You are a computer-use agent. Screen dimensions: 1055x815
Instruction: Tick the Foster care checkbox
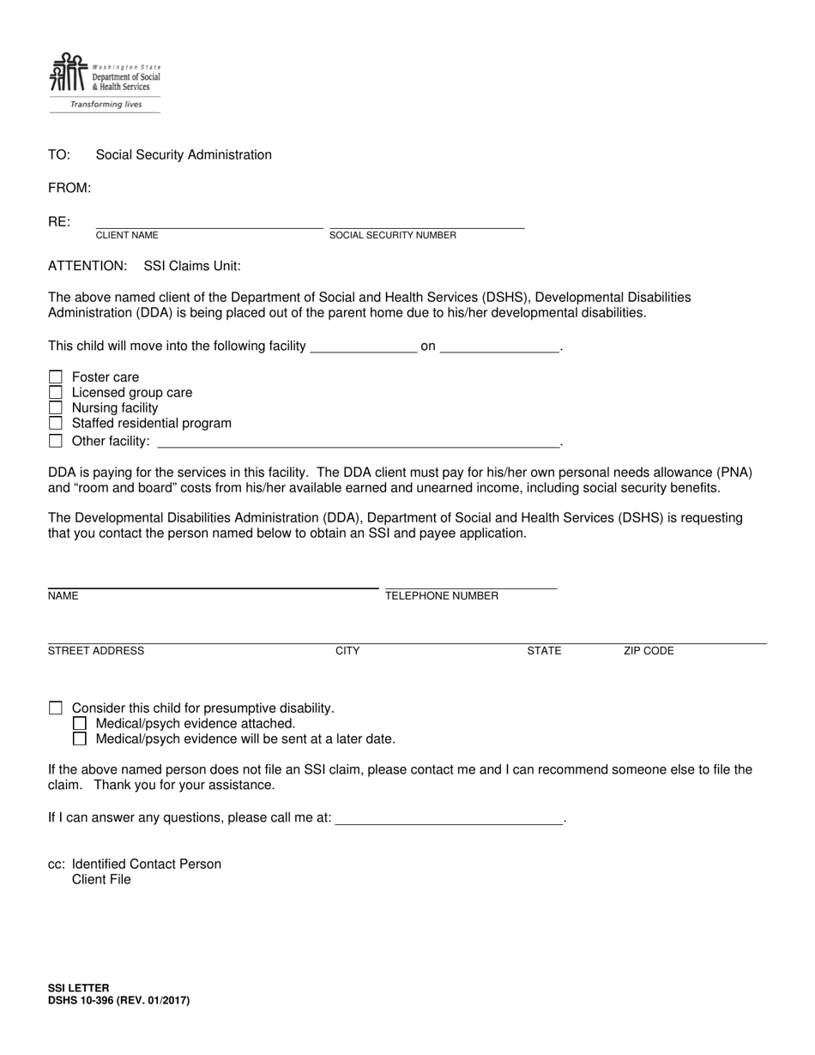point(56,377)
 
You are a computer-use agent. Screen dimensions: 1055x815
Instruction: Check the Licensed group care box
point(56,393)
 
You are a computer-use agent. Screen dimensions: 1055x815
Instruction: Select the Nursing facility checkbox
point(56,408)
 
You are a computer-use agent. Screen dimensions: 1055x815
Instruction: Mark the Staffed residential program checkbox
point(56,424)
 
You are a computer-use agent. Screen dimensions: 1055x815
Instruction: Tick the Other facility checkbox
point(56,441)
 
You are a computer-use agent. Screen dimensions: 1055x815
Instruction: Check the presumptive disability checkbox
point(56,708)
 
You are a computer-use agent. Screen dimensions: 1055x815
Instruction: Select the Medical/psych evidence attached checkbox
point(80,724)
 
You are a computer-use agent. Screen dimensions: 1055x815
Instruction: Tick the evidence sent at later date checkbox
point(80,738)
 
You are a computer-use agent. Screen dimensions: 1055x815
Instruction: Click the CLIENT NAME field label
point(127,235)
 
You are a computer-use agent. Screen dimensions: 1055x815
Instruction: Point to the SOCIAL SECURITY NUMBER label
point(393,235)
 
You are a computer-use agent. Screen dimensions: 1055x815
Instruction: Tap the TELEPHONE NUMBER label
point(442,596)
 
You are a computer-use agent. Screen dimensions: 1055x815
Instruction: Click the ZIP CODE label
point(649,651)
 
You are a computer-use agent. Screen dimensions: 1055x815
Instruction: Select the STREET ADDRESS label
point(96,651)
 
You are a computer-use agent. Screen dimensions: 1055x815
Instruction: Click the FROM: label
point(69,188)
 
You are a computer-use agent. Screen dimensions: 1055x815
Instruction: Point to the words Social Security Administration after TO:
point(184,155)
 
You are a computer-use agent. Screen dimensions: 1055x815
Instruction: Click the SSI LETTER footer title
point(79,988)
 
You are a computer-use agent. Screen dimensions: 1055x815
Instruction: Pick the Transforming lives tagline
point(106,105)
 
